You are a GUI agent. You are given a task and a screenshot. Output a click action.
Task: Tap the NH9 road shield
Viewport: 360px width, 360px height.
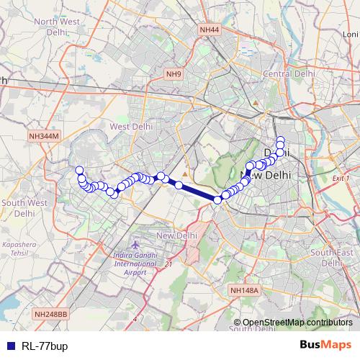click(x=174, y=73)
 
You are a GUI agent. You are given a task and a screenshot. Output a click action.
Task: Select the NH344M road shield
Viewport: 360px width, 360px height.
click(x=44, y=135)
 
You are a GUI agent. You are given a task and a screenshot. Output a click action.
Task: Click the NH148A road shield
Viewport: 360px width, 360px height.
click(x=244, y=290)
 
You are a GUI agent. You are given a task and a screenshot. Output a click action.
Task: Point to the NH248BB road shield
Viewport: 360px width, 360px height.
click(x=50, y=314)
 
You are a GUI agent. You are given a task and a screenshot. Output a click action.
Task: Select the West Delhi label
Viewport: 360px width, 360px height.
click(x=129, y=126)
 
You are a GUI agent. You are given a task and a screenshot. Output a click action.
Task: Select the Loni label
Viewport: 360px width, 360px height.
click(x=350, y=34)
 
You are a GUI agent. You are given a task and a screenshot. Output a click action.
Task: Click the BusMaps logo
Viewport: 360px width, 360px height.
click(x=325, y=345)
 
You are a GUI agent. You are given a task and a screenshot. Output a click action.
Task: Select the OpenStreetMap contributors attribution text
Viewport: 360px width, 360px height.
click(x=297, y=323)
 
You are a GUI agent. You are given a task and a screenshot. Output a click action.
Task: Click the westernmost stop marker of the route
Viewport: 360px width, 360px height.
click(x=79, y=171)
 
